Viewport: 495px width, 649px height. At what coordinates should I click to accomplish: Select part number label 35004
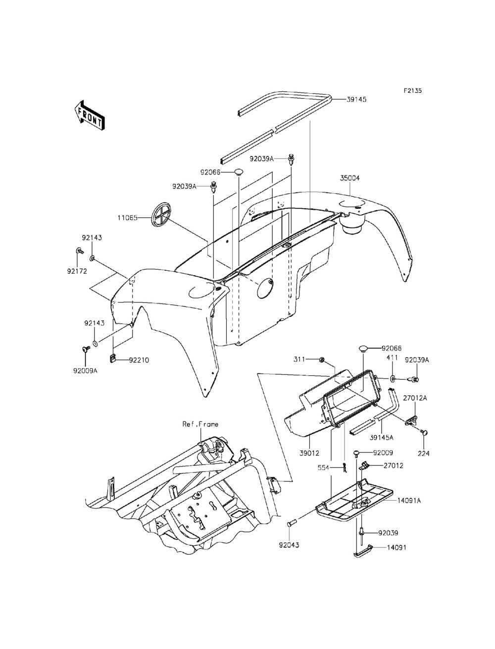pos(349,177)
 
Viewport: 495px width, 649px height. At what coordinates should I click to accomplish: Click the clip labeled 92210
pos(112,357)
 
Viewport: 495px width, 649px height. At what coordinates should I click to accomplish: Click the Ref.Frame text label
pos(200,424)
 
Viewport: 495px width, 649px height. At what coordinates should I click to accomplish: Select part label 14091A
pos(409,501)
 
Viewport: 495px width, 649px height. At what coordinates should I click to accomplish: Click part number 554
pos(324,467)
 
